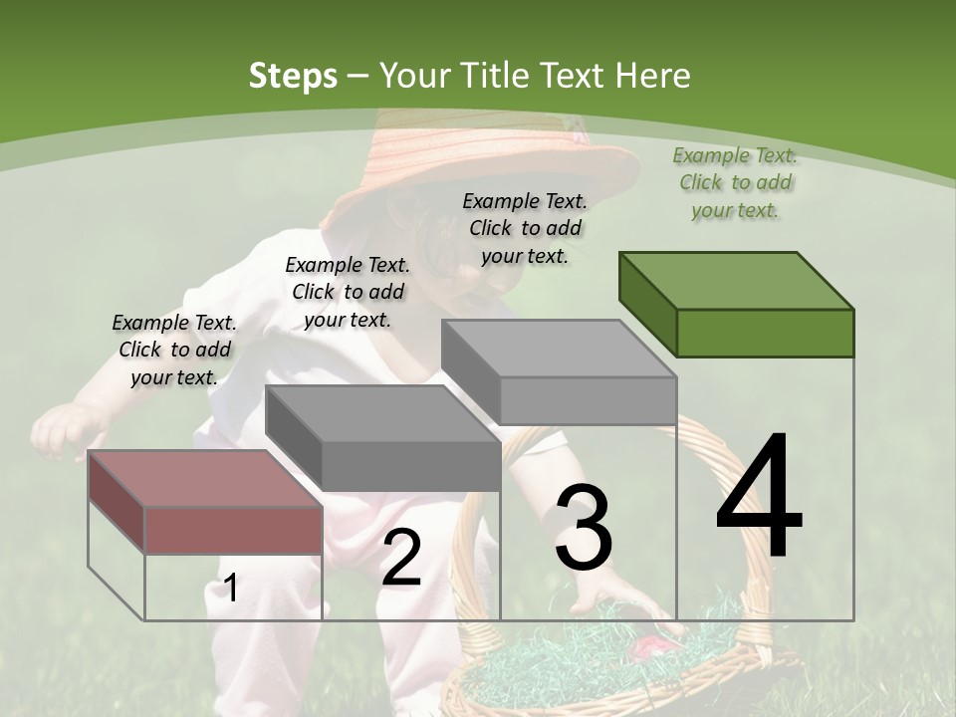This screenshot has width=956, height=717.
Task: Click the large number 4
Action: [x=760, y=497]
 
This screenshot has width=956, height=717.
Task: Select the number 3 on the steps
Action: [x=584, y=529]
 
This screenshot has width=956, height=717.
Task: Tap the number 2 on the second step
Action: [x=401, y=558]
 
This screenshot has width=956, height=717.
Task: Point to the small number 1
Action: [x=230, y=589]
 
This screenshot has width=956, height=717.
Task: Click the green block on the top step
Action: [x=737, y=304]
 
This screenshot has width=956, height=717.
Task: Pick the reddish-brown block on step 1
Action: [x=205, y=502]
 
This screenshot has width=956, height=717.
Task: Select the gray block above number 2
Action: [x=383, y=438]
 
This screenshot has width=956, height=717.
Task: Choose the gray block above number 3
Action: [x=560, y=372]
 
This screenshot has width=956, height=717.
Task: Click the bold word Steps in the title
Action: [x=293, y=76]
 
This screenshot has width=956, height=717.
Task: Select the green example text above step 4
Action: [x=735, y=182]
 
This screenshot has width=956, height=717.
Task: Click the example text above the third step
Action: [x=525, y=228]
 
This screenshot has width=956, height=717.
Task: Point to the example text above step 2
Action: [x=348, y=292]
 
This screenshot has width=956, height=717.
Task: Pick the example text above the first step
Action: [x=174, y=350]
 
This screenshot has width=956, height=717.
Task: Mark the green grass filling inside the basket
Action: [x=558, y=647]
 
